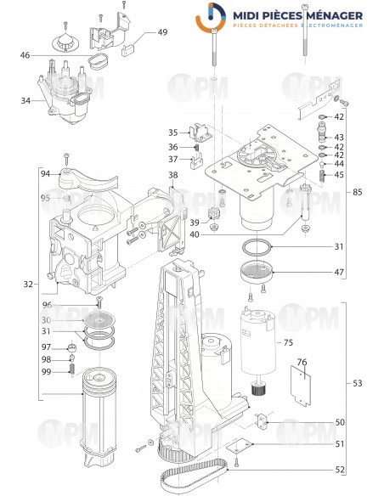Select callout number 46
[25, 55]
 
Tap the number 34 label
[25, 100]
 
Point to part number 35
[172, 132]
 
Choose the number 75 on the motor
[288, 343]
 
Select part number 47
[339, 273]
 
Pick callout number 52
[339, 470]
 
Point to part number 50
[339, 422]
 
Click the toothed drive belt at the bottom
[195, 466]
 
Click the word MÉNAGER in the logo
[327, 16]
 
